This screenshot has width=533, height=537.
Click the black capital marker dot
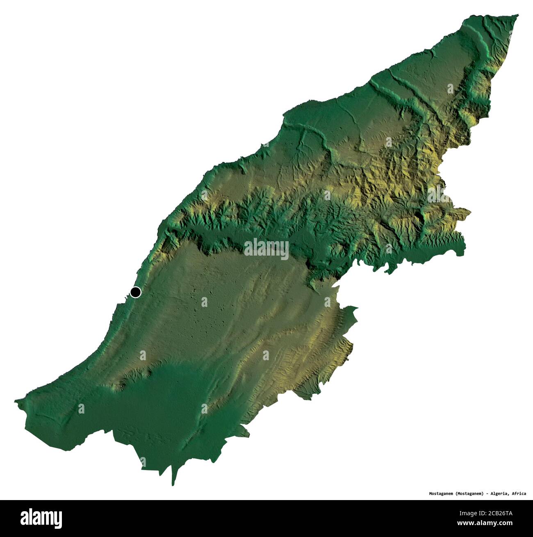pyautogui.click(x=136, y=292)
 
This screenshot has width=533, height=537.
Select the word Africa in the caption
pyautogui.click(x=518, y=493)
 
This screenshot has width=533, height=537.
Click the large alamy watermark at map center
pyautogui.click(x=266, y=249)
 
